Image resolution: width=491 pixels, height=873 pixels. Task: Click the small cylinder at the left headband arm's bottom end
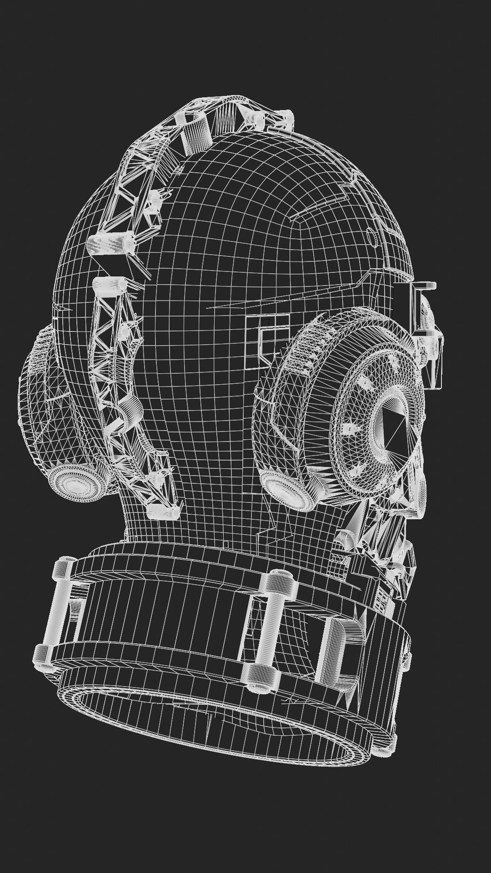[163, 512]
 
